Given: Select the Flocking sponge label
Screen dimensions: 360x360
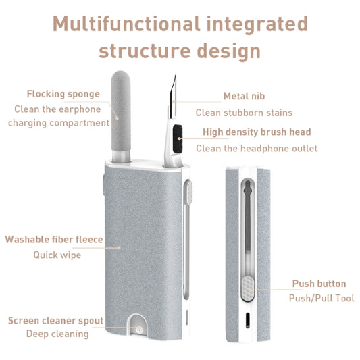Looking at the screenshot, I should (x=63, y=94).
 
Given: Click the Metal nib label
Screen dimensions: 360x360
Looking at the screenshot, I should (x=244, y=97).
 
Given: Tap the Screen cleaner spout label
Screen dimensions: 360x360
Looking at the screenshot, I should (x=55, y=320).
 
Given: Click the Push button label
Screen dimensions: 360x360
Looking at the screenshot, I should (x=319, y=284).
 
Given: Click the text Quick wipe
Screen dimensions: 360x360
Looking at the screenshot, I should (x=57, y=255).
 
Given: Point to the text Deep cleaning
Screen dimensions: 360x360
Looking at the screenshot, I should (x=57, y=334).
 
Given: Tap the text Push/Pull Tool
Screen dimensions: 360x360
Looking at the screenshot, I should (x=322, y=298).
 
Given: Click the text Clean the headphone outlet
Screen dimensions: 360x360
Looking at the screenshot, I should (x=256, y=148).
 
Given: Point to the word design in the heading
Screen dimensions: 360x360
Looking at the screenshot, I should (x=227, y=51).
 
